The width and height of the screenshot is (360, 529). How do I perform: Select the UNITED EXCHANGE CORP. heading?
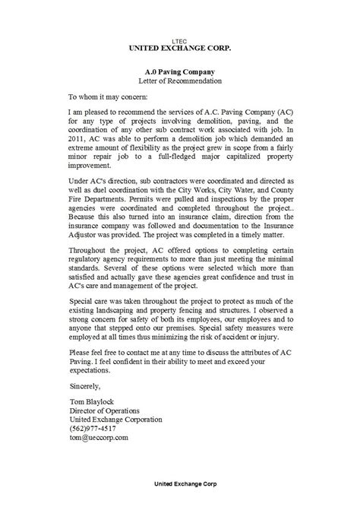[179, 46]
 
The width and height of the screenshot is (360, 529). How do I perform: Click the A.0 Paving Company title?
[179, 69]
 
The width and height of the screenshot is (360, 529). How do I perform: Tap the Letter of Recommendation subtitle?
[179, 80]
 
